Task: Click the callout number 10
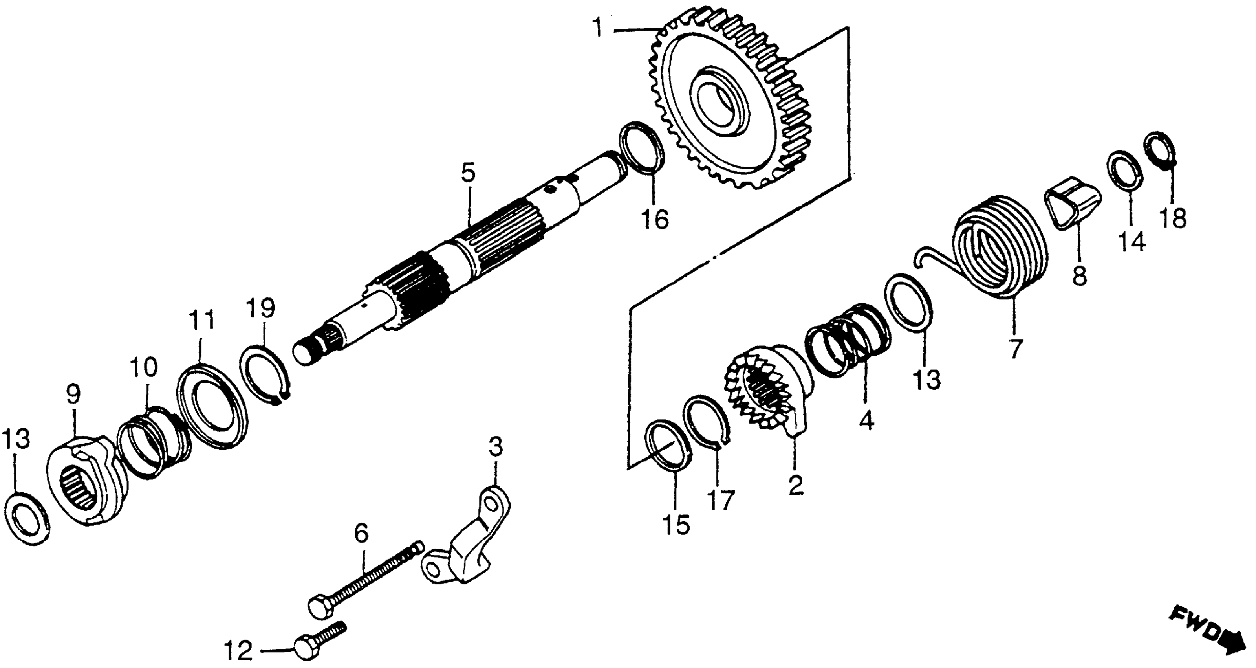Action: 144,367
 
